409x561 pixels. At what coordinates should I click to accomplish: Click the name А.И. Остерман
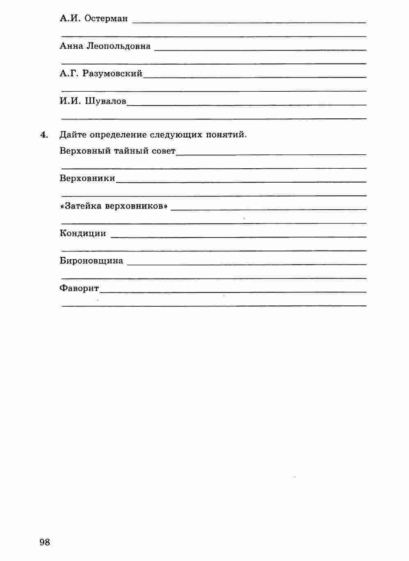[x=94, y=18]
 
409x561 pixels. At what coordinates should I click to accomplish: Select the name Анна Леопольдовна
[x=105, y=46]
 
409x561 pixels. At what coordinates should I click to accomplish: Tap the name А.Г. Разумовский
[x=101, y=73]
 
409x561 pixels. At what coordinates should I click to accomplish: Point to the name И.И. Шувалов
[x=93, y=101]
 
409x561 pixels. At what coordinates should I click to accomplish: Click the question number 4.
[x=44, y=135]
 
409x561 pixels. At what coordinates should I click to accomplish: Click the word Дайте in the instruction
[x=73, y=135]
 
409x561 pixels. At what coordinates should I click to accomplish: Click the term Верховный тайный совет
[x=117, y=151]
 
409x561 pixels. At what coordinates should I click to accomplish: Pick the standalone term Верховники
[x=87, y=178]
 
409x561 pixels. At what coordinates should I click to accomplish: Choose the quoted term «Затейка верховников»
[x=114, y=206]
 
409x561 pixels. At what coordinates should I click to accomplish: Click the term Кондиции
[x=83, y=233]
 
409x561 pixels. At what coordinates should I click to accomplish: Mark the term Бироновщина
[x=91, y=261]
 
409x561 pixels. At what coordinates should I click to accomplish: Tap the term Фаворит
[x=79, y=288]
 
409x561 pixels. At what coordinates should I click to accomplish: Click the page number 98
[x=45, y=542]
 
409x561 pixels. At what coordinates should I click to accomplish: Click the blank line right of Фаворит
[x=233, y=292]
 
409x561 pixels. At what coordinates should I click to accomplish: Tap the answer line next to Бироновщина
[x=246, y=264]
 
